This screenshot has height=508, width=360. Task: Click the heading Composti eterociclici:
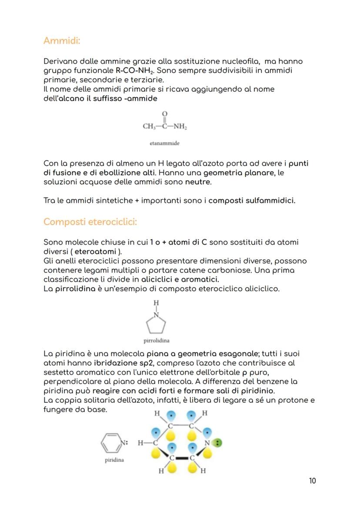coord(90,222)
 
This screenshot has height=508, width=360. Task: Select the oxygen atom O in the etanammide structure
coord(164,114)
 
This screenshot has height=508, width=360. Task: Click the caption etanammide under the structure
coord(164,143)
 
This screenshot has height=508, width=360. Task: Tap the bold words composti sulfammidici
coord(252,201)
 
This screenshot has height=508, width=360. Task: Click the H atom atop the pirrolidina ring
coord(157,302)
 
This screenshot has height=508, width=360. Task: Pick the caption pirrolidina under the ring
coord(157,341)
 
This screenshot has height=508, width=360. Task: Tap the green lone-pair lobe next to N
coord(218,443)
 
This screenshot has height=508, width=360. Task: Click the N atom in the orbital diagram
coord(207,443)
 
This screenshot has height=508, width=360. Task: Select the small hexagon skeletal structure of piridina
coord(110,443)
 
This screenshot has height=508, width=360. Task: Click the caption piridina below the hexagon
coord(114,460)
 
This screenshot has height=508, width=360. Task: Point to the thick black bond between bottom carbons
coord(182,458)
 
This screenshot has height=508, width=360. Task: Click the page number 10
coord(312,481)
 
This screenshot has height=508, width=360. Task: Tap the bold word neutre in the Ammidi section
coord(198,182)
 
